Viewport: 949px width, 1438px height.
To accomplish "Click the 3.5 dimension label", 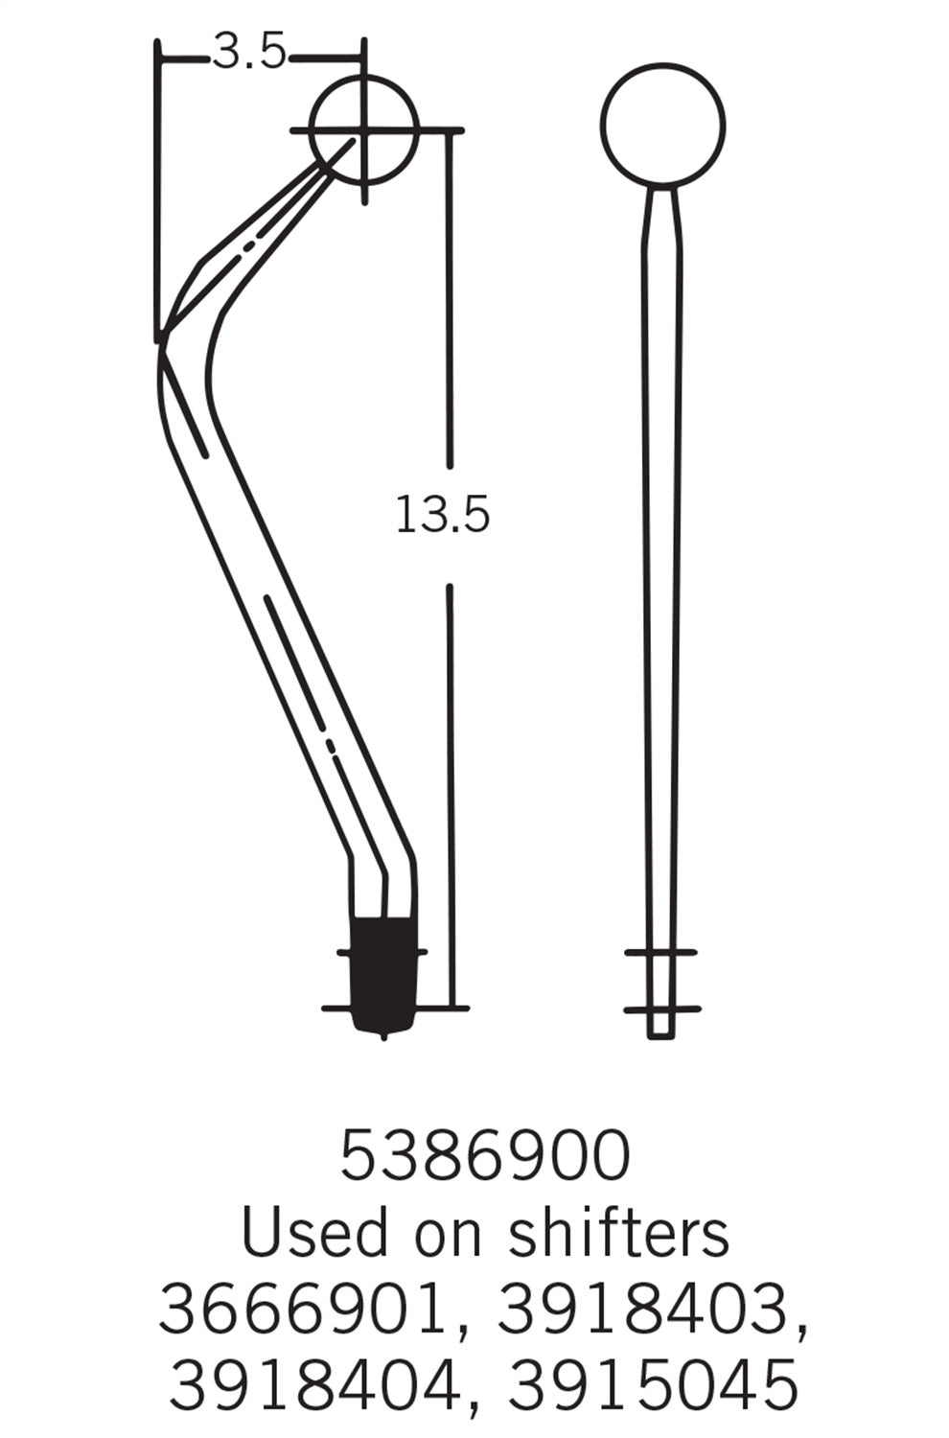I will tap(248, 54).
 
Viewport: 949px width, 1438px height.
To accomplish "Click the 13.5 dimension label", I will tap(442, 515).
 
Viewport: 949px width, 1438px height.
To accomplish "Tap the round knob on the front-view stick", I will tap(662, 125).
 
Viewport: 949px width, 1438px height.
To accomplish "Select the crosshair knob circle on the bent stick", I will tap(365, 128).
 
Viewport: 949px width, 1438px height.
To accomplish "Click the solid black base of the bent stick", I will tap(383, 973).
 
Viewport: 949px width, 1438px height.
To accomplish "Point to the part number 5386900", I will tap(485, 1155).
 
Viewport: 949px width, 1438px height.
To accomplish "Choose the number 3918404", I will tap(313, 1384).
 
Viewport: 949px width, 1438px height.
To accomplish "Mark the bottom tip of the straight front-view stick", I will tap(658, 1033).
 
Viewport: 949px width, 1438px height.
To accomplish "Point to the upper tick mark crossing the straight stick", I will tap(660, 952).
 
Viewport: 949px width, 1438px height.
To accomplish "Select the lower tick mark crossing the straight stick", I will tap(661, 1009).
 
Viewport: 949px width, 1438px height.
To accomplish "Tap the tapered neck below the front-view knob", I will tap(661, 220).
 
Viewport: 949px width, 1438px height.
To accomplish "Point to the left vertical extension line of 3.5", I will tap(157, 192).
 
